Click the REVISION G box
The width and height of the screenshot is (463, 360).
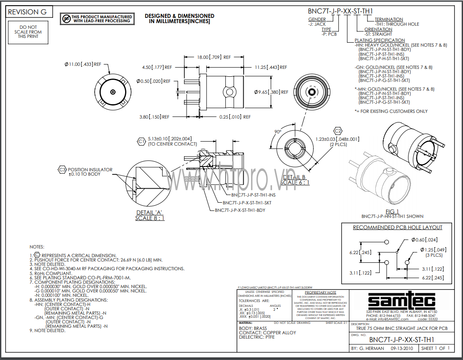click(x=27, y=12)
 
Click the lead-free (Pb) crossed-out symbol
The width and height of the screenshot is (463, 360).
click(x=66, y=18)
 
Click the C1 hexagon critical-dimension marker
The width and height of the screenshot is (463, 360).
click(x=141, y=141)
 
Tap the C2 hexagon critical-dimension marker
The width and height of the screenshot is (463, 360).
click(x=337, y=131)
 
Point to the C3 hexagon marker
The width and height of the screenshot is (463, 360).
click(x=62, y=170)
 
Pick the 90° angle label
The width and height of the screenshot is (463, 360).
click(x=278, y=131)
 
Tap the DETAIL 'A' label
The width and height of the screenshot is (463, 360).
click(x=150, y=212)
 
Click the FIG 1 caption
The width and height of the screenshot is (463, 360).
click(x=392, y=211)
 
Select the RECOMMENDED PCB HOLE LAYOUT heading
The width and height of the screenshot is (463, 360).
click(x=397, y=228)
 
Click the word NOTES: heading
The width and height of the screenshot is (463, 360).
click(x=37, y=247)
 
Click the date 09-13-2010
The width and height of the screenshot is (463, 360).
click(x=402, y=349)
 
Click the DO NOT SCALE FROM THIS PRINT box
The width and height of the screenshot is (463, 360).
click(x=28, y=32)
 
